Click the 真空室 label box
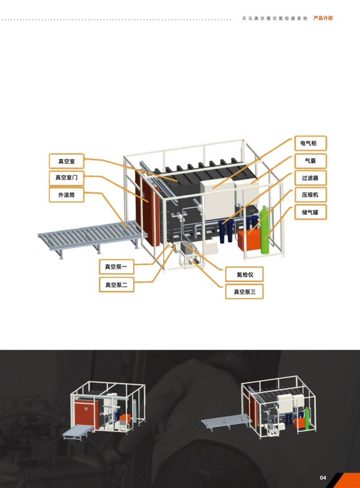click(x=66, y=161)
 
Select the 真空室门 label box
click(x=66, y=178)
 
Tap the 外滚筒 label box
click(x=66, y=195)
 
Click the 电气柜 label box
click(x=310, y=143)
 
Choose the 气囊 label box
click(x=310, y=161)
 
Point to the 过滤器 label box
click(x=310, y=178)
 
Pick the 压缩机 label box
click(x=310, y=195)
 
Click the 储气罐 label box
click(x=310, y=212)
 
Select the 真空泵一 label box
click(x=117, y=267)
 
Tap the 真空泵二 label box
click(x=117, y=285)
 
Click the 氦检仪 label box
click(x=244, y=274)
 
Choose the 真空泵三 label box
click(x=244, y=292)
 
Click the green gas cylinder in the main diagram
click(x=265, y=230)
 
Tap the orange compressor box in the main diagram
click(x=249, y=240)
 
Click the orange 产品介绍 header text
click(x=323, y=18)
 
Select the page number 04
click(x=323, y=478)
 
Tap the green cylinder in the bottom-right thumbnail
click(x=307, y=419)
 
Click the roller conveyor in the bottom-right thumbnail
click(x=227, y=421)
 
